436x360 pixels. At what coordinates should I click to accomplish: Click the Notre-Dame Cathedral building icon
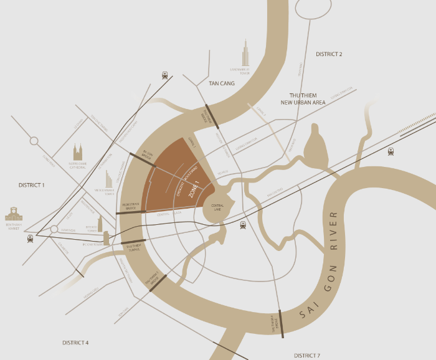[78, 152]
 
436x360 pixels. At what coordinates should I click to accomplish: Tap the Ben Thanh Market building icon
[13, 214]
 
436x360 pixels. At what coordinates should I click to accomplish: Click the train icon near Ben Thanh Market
[31, 239]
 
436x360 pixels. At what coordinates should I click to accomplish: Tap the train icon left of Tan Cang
[165, 75]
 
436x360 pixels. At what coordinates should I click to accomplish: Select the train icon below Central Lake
[242, 225]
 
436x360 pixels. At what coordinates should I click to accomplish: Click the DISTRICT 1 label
[32, 185]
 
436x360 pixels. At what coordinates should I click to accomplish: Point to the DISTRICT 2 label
[329, 54]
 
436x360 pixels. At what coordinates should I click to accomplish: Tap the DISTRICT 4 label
[75, 343]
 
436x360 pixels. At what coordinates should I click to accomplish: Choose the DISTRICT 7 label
[307, 355]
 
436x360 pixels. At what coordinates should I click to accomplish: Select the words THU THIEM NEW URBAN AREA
[303, 98]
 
